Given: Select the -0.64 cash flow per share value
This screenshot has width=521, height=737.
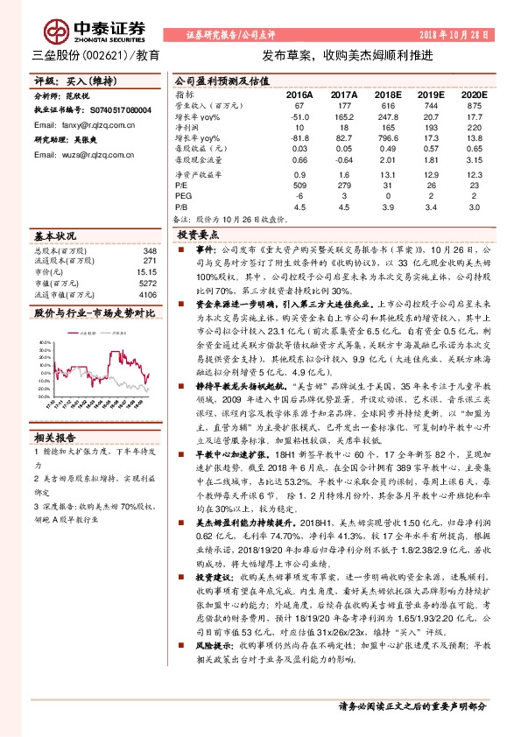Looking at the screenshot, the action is (x=343, y=160).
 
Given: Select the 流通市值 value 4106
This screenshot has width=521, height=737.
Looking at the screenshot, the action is (x=146, y=295).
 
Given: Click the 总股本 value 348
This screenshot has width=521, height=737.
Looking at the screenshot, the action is (x=149, y=249).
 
